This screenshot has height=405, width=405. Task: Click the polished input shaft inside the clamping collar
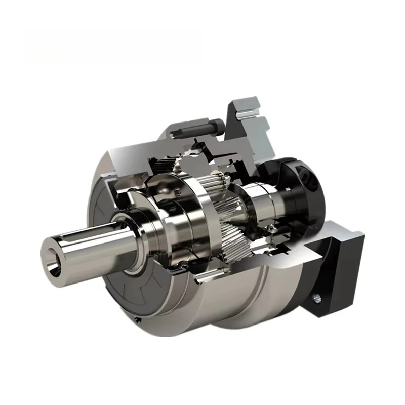coord(266,200)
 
